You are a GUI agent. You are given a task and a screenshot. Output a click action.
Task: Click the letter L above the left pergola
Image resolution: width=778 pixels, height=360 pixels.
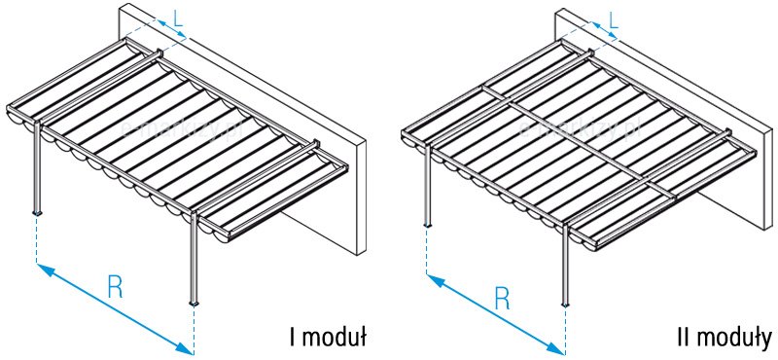[178, 18]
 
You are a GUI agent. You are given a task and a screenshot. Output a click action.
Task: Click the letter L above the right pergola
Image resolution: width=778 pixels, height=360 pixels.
[614, 20]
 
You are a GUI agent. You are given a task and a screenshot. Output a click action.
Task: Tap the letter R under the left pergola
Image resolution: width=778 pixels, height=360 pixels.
[115, 286]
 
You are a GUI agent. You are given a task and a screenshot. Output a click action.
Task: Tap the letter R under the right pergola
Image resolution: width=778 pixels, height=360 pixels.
[502, 298]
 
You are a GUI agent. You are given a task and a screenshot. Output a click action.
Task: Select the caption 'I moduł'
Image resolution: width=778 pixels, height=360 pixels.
[329, 338]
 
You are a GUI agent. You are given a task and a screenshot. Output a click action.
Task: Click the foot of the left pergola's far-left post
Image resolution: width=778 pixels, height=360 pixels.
[37, 213]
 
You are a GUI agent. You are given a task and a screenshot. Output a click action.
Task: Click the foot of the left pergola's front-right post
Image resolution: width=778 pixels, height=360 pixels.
[194, 303]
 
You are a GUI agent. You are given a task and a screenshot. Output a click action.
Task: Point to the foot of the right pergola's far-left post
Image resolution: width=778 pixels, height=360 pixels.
[427, 226]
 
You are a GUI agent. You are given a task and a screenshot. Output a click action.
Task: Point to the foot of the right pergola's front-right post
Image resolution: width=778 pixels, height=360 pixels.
[565, 304]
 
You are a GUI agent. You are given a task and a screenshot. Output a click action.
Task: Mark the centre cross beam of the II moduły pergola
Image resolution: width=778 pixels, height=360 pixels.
[579, 143]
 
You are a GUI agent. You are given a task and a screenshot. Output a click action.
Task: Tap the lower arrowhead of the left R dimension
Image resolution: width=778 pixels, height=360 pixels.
[185, 349]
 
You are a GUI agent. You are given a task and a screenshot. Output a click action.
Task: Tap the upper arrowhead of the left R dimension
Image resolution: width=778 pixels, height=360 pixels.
[46, 270]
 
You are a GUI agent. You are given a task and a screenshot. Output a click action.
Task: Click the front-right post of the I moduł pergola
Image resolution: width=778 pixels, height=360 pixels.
[194, 258]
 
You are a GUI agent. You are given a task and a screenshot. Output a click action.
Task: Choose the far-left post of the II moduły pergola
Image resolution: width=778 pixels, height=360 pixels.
[427, 184]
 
